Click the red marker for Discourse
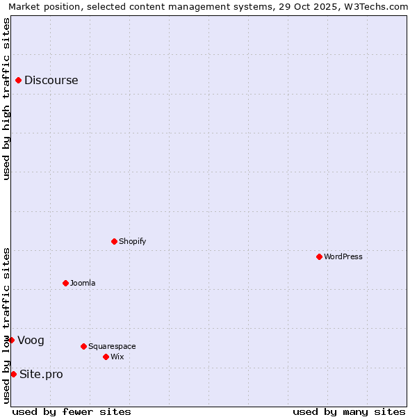pyautogui.click(x=18, y=80)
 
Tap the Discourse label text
pyautogui.click(x=51, y=80)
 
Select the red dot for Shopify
pyautogui.click(x=114, y=241)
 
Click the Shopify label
pyautogui.click(x=132, y=241)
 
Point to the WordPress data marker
pyautogui.click(x=319, y=256)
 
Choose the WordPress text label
pyautogui.click(x=343, y=256)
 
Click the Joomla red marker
pyautogui.click(x=65, y=283)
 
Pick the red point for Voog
pyautogui.click(x=11, y=340)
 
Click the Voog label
pyautogui.click(x=31, y=340)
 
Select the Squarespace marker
pyautogui.click(x=83, y=346)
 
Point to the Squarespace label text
pyautogui.click(x=112, y=346)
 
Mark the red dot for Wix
pyautogui.click(x=106, y=357)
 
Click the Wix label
pyautogui.click(x=117, y=357)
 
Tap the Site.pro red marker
pyautogui.click(x=13, y=374)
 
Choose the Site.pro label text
pyautogui.click(x=41, y=374)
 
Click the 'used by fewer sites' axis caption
pyautogui.click(x=72, y=411)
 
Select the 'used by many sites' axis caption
pyautogui.click(x=349, y=411)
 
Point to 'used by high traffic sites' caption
pyautogui.click(x=6, y=99)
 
